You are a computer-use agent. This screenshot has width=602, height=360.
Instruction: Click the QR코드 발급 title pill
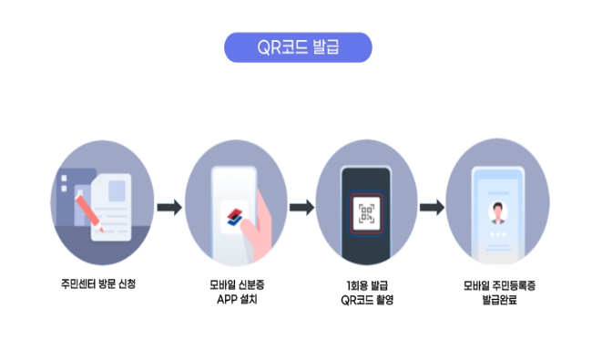(298, 47)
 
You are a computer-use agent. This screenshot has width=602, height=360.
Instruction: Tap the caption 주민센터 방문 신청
(97, 283)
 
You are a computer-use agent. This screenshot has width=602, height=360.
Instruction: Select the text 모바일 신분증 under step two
(235, 284)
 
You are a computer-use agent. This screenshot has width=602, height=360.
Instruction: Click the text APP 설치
(235, 299)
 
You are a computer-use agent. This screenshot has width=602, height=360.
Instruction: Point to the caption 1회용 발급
(365, 284)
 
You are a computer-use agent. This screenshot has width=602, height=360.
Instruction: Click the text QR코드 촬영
(365, 299)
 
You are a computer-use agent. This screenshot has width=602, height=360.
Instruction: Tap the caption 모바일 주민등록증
(498, 284)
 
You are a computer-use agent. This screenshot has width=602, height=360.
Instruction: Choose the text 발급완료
(498, 299)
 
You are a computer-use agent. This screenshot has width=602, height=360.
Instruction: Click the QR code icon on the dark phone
(366, 215)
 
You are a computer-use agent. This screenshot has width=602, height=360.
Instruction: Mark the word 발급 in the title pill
(326, 47)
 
